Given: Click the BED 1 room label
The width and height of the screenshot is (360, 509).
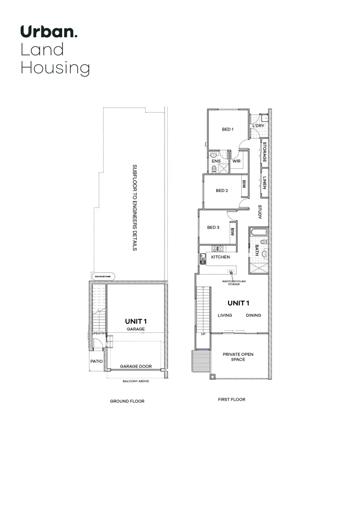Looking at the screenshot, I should click(228, 129).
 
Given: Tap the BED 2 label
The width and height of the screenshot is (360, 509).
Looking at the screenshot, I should click(221, 191).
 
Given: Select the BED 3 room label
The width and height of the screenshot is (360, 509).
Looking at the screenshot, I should click(213, 228).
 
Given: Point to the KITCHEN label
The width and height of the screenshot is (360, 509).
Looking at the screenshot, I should click(220, 257).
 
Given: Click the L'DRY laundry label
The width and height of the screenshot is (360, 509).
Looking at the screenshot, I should click(258, 126).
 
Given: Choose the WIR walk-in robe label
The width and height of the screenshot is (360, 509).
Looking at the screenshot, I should click(237, 161).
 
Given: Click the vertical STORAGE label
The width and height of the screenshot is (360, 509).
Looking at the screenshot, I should click(265, 152).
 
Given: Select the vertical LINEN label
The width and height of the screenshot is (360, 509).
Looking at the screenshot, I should click(265, 182).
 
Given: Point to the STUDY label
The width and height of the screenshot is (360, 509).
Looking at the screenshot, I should click(260, 212).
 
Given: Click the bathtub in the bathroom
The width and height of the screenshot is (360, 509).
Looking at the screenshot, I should click(259, 232).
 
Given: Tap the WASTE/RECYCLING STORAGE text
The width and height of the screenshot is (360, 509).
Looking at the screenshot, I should click(232, 283).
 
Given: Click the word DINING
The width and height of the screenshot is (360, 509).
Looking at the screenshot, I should click(253, 316).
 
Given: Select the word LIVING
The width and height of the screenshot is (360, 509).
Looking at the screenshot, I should click(225, 316).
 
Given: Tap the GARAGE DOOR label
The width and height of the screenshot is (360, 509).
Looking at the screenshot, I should click(135, 366).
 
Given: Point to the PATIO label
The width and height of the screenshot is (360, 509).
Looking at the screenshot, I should click(97, 361).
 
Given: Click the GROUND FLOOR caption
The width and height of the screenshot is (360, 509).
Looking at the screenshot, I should click(127, 402).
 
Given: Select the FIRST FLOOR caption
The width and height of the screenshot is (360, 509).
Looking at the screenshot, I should click(231, 400).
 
